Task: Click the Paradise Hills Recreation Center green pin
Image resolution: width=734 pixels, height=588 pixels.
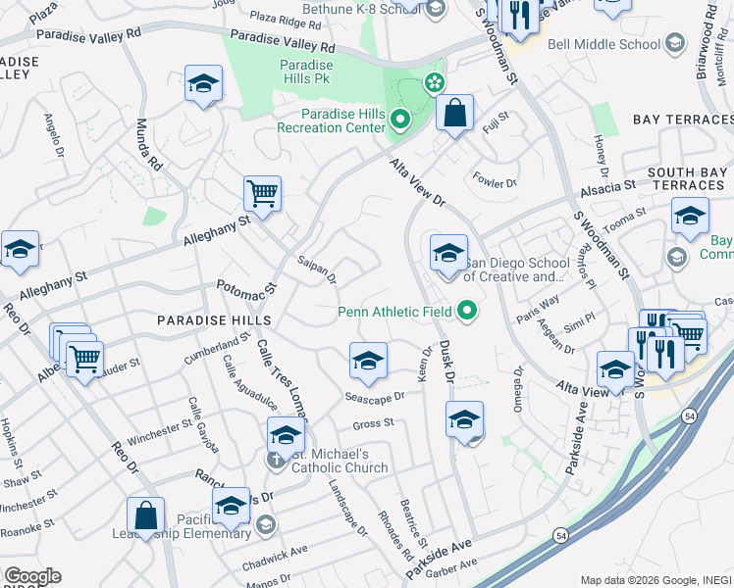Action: tap(399, 121)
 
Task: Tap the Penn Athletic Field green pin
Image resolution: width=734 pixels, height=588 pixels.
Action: tap(467, 312)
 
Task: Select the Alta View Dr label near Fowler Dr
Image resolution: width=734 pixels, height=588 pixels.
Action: tap(419, 183)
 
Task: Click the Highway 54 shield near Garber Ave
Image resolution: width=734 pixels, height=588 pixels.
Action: tap(559, 536)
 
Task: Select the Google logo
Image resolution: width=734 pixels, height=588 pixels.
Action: tap(32, 576)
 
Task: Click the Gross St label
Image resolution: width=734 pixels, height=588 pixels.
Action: tap(373, 423)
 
